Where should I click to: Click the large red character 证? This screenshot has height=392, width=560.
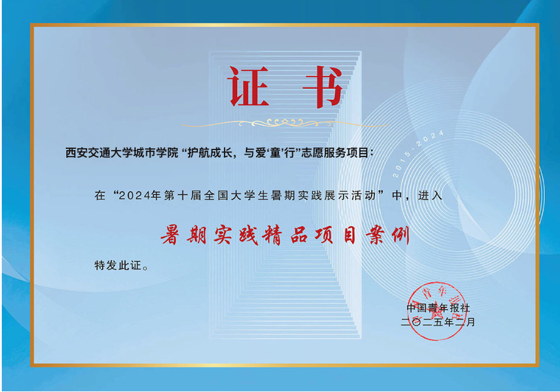point(248,86)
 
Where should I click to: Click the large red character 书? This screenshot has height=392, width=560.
point(322,86)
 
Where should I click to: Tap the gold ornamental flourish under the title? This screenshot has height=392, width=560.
point(284,123)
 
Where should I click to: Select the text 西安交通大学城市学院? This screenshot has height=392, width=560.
point(122,153)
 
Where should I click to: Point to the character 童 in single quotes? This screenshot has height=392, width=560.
point(275,153)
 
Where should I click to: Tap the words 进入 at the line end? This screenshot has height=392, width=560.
point(430,196)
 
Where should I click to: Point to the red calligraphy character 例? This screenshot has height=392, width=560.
point(401,235)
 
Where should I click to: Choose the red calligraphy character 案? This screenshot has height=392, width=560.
point(376,235)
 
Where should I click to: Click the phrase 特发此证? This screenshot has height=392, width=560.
point(118,266)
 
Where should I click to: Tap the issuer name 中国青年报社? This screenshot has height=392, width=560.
point(438,308)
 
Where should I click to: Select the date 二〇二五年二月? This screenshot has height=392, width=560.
point(438,322)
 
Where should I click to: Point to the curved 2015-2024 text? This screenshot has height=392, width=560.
point(418,154)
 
